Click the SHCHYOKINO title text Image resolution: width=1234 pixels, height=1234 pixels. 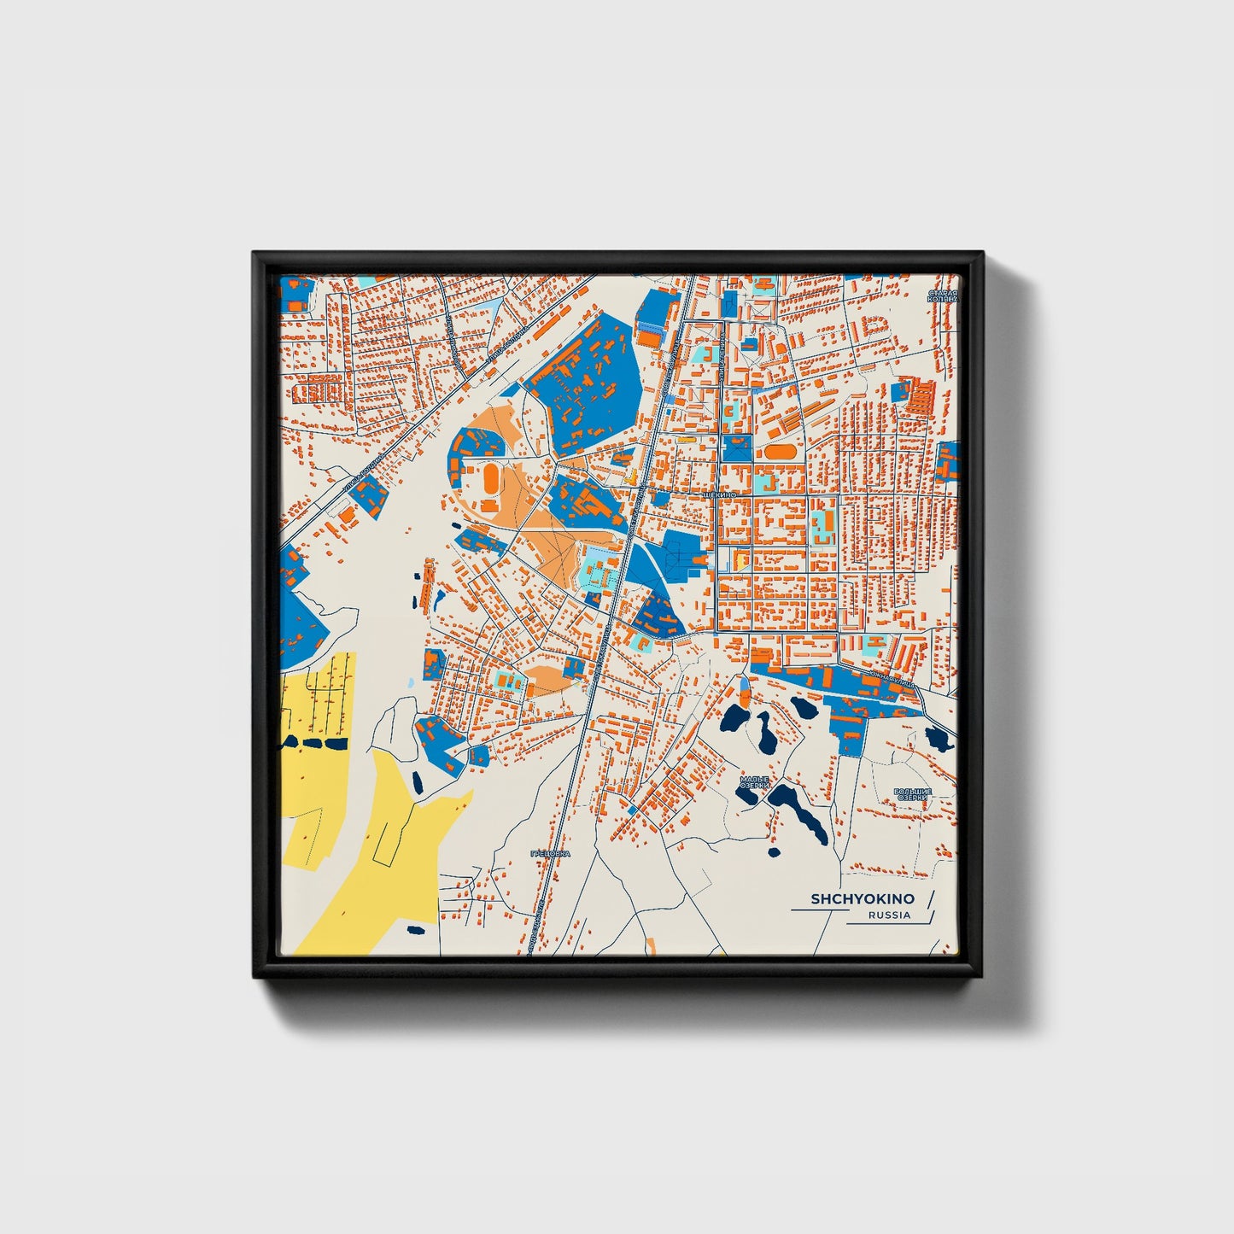click(862, 899)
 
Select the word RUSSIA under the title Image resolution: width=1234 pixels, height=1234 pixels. click(889, 915)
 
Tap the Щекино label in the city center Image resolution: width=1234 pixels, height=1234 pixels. click(716, 494)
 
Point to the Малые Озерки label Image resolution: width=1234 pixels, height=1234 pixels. click(755, 782)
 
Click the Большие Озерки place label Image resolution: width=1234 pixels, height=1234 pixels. click(911, 794)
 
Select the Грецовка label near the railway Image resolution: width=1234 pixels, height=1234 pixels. click(549, 853)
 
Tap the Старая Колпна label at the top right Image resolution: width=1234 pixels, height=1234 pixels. click(944, 296)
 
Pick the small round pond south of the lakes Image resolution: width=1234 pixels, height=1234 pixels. click(774, 851)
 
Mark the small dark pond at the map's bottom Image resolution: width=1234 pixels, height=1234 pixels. click(416, 930)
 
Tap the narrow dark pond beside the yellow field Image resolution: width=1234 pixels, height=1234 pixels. click(416, 781)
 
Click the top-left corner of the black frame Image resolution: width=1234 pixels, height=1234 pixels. click(254, 254)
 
